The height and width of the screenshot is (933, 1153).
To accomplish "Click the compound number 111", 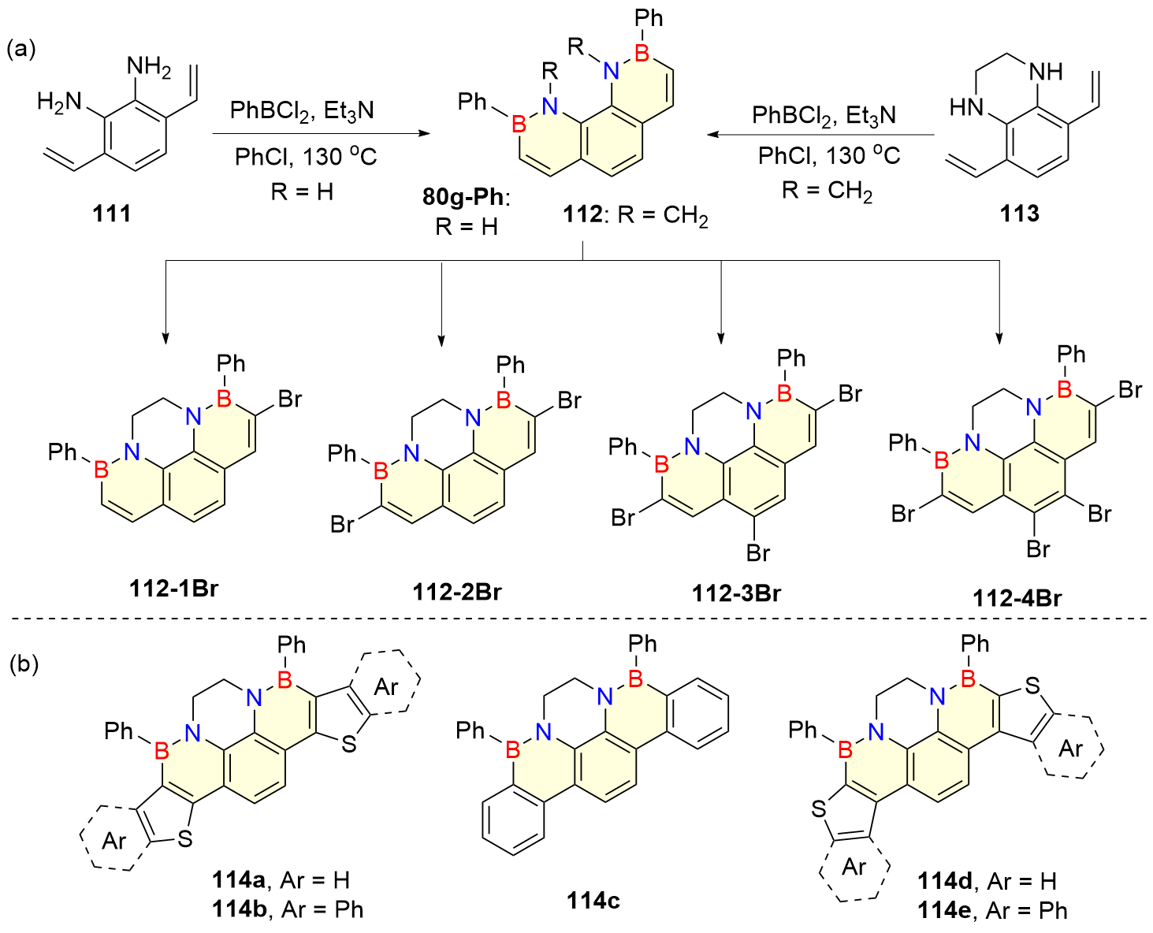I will point(112,213).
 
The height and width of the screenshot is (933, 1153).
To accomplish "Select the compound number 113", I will point(1019,213).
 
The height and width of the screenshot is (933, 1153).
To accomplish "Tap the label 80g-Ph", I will point(466,196).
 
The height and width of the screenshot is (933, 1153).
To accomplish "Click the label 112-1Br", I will point(173,588).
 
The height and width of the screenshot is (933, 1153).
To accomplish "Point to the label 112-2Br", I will point(456,591).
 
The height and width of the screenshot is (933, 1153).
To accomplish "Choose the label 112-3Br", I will point(736,593).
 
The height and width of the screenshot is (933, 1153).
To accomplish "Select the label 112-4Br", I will point(1017,598).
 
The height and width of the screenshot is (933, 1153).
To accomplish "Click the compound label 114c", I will point(593,900).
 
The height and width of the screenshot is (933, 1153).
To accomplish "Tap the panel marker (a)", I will point(21,49).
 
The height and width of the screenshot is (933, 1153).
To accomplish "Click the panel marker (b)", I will point(24,664).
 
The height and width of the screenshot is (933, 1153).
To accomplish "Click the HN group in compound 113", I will point(966,106).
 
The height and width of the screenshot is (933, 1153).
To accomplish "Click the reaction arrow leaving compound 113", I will point(820,135).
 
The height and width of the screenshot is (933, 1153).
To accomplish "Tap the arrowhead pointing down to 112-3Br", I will point(720,339).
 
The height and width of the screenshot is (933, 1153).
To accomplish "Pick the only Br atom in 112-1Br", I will point(289,399).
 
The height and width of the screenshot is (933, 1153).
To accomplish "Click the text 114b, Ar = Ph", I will point(288,909).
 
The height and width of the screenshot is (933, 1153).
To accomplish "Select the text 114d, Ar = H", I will point(987,881).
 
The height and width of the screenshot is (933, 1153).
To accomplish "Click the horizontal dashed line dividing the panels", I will point(576,619).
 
